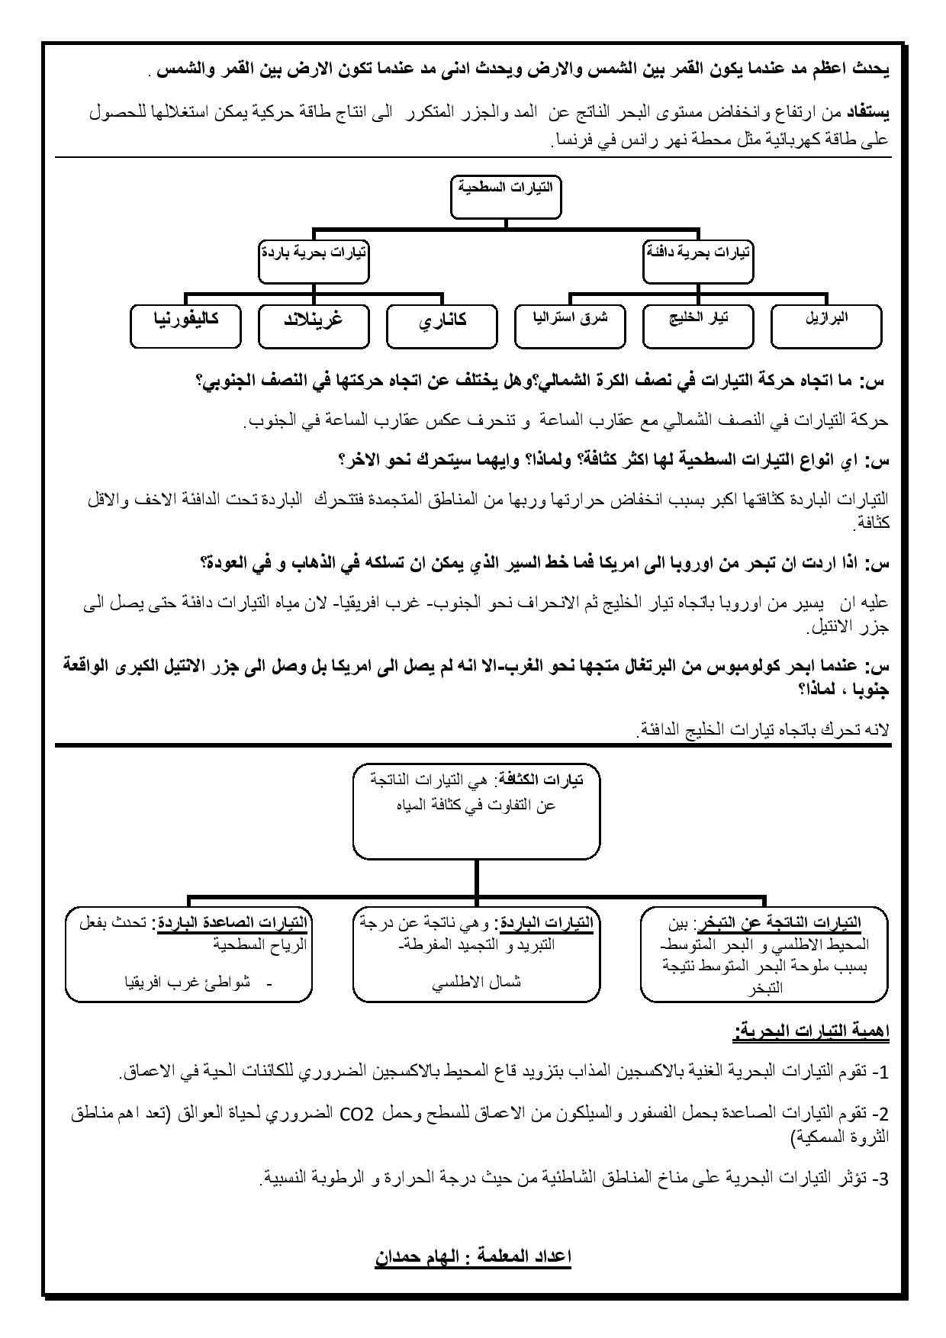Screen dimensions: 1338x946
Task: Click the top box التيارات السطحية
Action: point(506,196)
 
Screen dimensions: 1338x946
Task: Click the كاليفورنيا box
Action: point(185,326)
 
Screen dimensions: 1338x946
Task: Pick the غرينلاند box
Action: point(314,326)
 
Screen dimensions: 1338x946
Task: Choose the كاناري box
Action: point(442,326)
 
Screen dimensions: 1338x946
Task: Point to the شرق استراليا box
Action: point(570,326)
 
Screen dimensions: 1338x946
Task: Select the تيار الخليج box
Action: point(697,326)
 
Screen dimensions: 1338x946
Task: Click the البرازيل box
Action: point(826,326)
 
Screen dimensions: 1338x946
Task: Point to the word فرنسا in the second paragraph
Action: point(571,141)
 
